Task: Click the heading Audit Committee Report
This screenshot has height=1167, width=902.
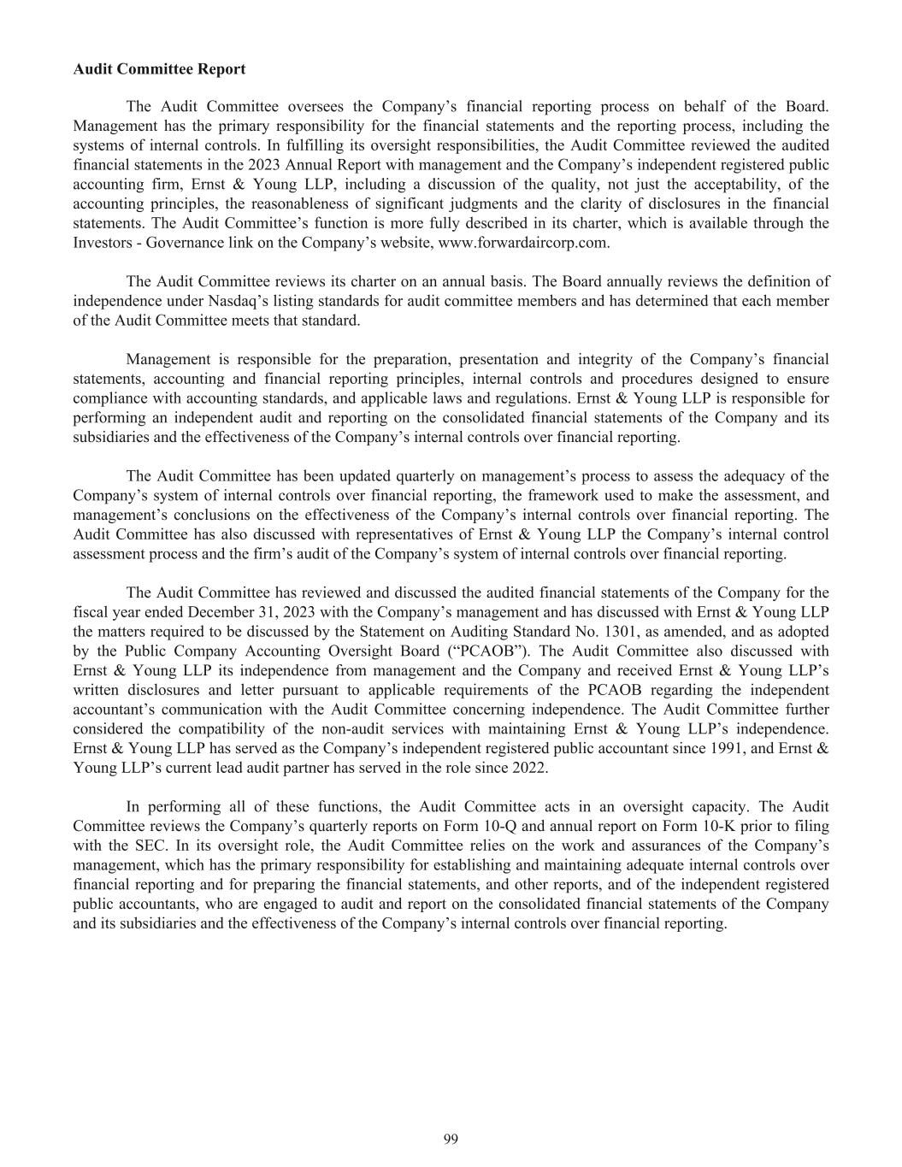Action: (159, 69)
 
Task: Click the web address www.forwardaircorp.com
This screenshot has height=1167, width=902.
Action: (523, 243)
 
